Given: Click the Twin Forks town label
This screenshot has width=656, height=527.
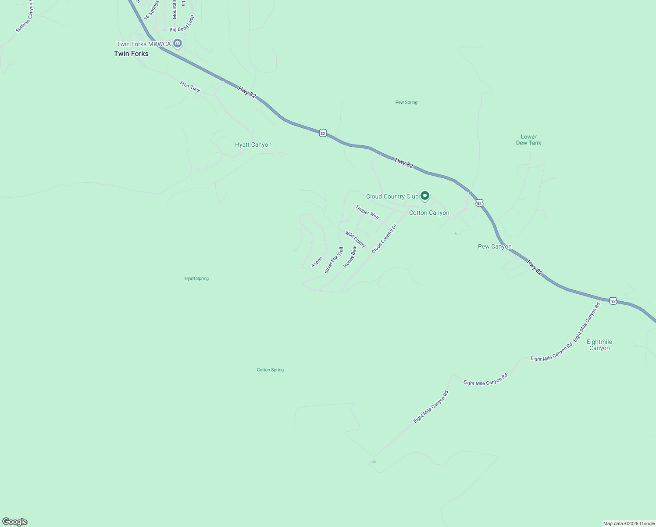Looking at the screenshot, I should coord(131,54).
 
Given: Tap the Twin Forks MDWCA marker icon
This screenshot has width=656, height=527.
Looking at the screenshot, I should coord(178,43).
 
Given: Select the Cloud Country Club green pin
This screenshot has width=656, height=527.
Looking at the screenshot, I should coord(424,196).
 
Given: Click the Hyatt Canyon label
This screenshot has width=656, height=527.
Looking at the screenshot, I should coord(253,144).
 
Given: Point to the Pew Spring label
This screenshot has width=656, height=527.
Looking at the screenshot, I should coord(406,102).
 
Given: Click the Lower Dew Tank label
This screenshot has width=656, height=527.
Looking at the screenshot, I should coord(528,140).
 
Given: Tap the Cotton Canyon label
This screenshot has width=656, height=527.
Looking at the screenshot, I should coord(429,213).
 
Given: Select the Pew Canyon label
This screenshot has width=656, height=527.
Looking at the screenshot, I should coord(495,246).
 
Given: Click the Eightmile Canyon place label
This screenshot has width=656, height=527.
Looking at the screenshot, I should coord(599,345).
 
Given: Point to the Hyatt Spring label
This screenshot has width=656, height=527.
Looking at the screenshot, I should coord(196,278).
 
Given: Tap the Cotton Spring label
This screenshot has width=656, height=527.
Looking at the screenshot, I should coord(270,370).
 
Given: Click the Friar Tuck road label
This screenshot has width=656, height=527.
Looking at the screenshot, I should coord(190,87).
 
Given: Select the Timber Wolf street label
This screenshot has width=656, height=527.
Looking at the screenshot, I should coord(367,212).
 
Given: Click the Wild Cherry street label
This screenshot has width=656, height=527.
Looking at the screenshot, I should coord(355,239).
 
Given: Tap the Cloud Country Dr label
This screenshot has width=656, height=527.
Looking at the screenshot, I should coord(384,239).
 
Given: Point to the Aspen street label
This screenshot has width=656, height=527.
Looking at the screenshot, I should coord(317,262).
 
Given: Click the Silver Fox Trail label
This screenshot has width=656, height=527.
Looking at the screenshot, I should coord(334,260).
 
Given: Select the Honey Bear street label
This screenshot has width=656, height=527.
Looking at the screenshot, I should coord(350,256).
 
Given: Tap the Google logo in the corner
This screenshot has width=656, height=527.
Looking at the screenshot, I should coord(15,522).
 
